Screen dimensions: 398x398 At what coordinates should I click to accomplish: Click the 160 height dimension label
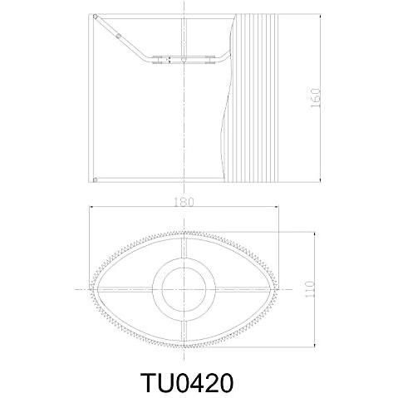pyautogui.click(x=315, y=98)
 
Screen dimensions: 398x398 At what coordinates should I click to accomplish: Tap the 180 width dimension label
pyautogui.click(x=184, y=202)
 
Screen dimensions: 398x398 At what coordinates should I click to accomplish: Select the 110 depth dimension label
pyautogui.click(x=309, y=289)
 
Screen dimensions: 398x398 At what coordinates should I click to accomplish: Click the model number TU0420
pyautogui.click(x=187, y=382)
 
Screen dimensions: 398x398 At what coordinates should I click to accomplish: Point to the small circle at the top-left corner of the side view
pyautogui.click(x=96, y=17)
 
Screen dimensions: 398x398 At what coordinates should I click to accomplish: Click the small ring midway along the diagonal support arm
pyautogui.click(x=119, y=36)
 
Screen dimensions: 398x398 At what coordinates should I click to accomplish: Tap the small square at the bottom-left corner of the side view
pyautogui.click(x=95, y=180)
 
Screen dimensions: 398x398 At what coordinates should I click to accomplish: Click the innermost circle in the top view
pyautogui.click(x=184, y=289)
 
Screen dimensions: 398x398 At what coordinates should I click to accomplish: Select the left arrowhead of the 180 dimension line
pyautogui.click(x=91, y=207)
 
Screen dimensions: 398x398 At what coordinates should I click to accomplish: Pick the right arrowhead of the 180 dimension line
pyautogui.click(x=276, y=207)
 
